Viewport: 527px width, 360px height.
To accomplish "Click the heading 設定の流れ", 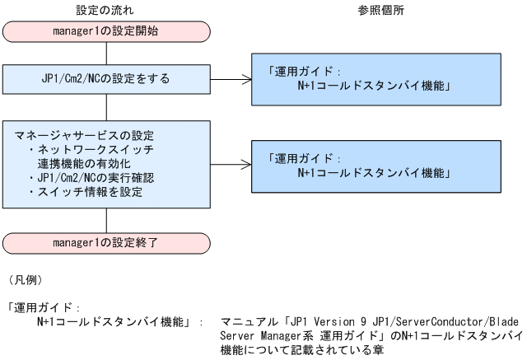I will pos(107,11).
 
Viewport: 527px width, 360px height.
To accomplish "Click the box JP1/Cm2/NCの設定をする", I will pos(107,79).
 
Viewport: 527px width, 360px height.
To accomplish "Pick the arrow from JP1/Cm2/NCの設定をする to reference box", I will pos(232,79).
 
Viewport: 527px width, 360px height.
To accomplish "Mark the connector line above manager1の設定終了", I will pos(107,221).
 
